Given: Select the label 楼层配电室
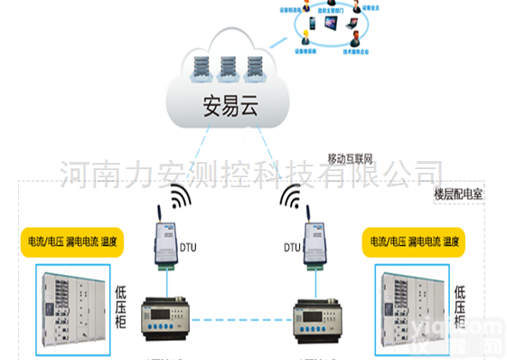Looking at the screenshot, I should tap(458, 194).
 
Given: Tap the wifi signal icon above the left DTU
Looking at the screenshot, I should tap(179, 196).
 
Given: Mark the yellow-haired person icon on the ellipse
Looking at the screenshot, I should tap(305, 38).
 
